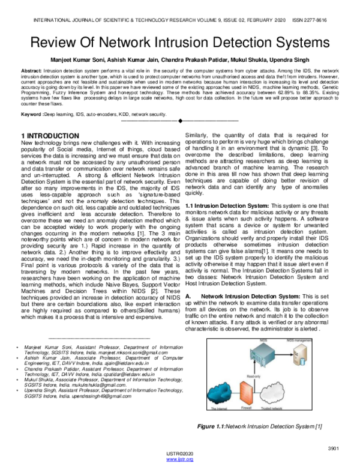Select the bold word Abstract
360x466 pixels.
(x=32, y=71)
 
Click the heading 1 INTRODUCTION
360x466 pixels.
(x=58, y=137)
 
